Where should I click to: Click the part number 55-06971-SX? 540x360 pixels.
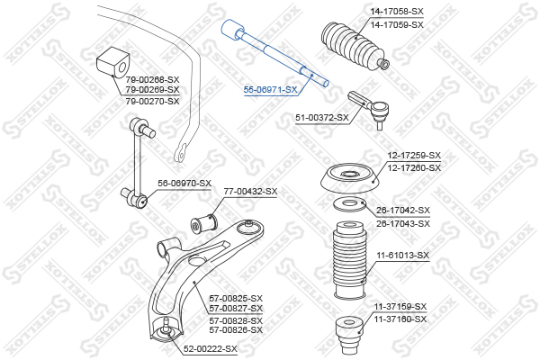(270, 90)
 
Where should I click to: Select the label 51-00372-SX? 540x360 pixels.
(322, 118)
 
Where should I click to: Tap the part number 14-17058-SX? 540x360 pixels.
(397, 12)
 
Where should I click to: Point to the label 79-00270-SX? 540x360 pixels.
(153, 102)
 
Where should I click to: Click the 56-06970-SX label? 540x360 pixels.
(184, 184)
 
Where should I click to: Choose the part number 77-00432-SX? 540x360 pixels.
(250, 191)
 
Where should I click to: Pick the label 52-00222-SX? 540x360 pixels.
(211, 349)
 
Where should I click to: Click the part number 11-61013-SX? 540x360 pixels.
(403, 256)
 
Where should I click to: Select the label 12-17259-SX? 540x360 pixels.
(414, 156)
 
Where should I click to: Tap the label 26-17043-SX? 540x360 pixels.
(403, 223)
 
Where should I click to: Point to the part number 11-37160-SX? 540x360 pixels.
(400, 319)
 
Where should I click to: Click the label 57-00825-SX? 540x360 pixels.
(236, 298)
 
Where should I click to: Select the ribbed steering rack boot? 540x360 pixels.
(352, 46)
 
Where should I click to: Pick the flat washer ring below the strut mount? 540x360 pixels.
(350, 204)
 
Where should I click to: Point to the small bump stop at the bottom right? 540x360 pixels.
(349, 334)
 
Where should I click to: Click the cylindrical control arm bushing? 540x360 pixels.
(204, 223)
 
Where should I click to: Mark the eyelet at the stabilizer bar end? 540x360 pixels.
(181, 153)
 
